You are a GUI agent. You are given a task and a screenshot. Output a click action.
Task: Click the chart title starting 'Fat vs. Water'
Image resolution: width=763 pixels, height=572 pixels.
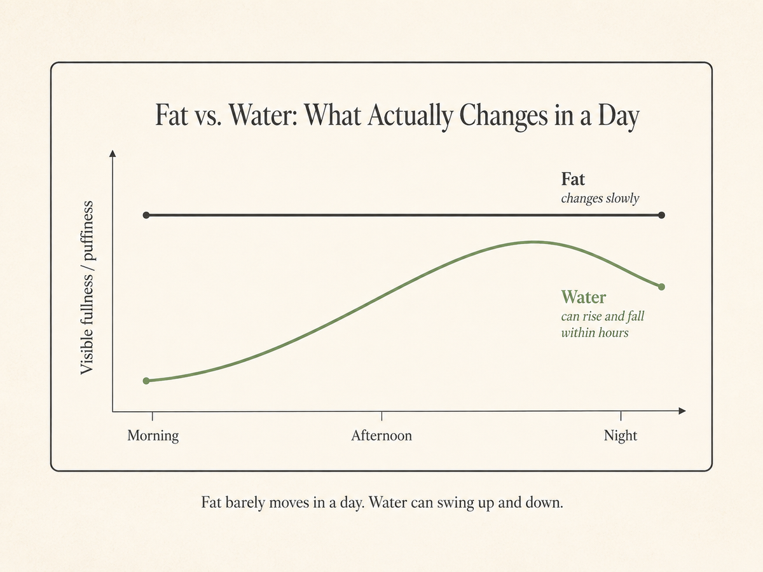397,116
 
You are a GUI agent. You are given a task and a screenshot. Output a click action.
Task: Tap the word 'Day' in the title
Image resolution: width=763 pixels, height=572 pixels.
619,117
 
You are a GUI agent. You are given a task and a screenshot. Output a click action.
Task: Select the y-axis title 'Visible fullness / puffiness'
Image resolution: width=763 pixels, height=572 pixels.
87,287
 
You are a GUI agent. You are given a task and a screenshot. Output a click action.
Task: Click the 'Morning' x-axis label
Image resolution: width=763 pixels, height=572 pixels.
153,435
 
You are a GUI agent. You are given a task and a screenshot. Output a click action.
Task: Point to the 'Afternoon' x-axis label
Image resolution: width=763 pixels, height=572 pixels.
381,435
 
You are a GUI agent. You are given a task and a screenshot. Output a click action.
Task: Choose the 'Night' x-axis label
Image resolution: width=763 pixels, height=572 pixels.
621,435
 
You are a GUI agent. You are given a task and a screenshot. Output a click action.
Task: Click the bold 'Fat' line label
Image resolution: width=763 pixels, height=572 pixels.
573,179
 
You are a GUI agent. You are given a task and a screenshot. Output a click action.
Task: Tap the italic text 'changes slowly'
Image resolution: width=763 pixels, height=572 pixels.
600,198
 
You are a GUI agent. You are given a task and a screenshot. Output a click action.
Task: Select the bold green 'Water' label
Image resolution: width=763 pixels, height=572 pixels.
584,297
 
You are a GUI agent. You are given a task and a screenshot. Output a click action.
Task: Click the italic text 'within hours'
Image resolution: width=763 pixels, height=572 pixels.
595,332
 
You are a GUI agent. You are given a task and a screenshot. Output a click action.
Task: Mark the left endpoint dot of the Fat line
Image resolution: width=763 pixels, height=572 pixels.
146,215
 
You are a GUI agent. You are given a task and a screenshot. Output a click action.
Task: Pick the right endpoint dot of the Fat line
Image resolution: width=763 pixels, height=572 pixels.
661,215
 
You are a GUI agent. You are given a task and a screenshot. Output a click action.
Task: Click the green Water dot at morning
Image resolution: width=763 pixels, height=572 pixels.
146,381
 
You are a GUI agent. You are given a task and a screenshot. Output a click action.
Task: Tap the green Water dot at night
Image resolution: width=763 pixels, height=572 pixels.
661,287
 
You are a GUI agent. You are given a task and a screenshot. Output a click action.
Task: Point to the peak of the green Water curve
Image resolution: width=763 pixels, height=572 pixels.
533,242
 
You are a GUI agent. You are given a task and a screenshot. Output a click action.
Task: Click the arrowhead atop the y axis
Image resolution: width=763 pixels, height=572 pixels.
113,154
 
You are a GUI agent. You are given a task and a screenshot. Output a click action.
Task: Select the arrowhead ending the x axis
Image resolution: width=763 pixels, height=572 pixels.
682,411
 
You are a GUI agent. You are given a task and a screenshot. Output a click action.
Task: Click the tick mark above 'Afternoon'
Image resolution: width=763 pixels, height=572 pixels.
381,416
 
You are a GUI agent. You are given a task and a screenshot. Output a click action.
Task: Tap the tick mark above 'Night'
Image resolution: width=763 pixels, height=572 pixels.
621,416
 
